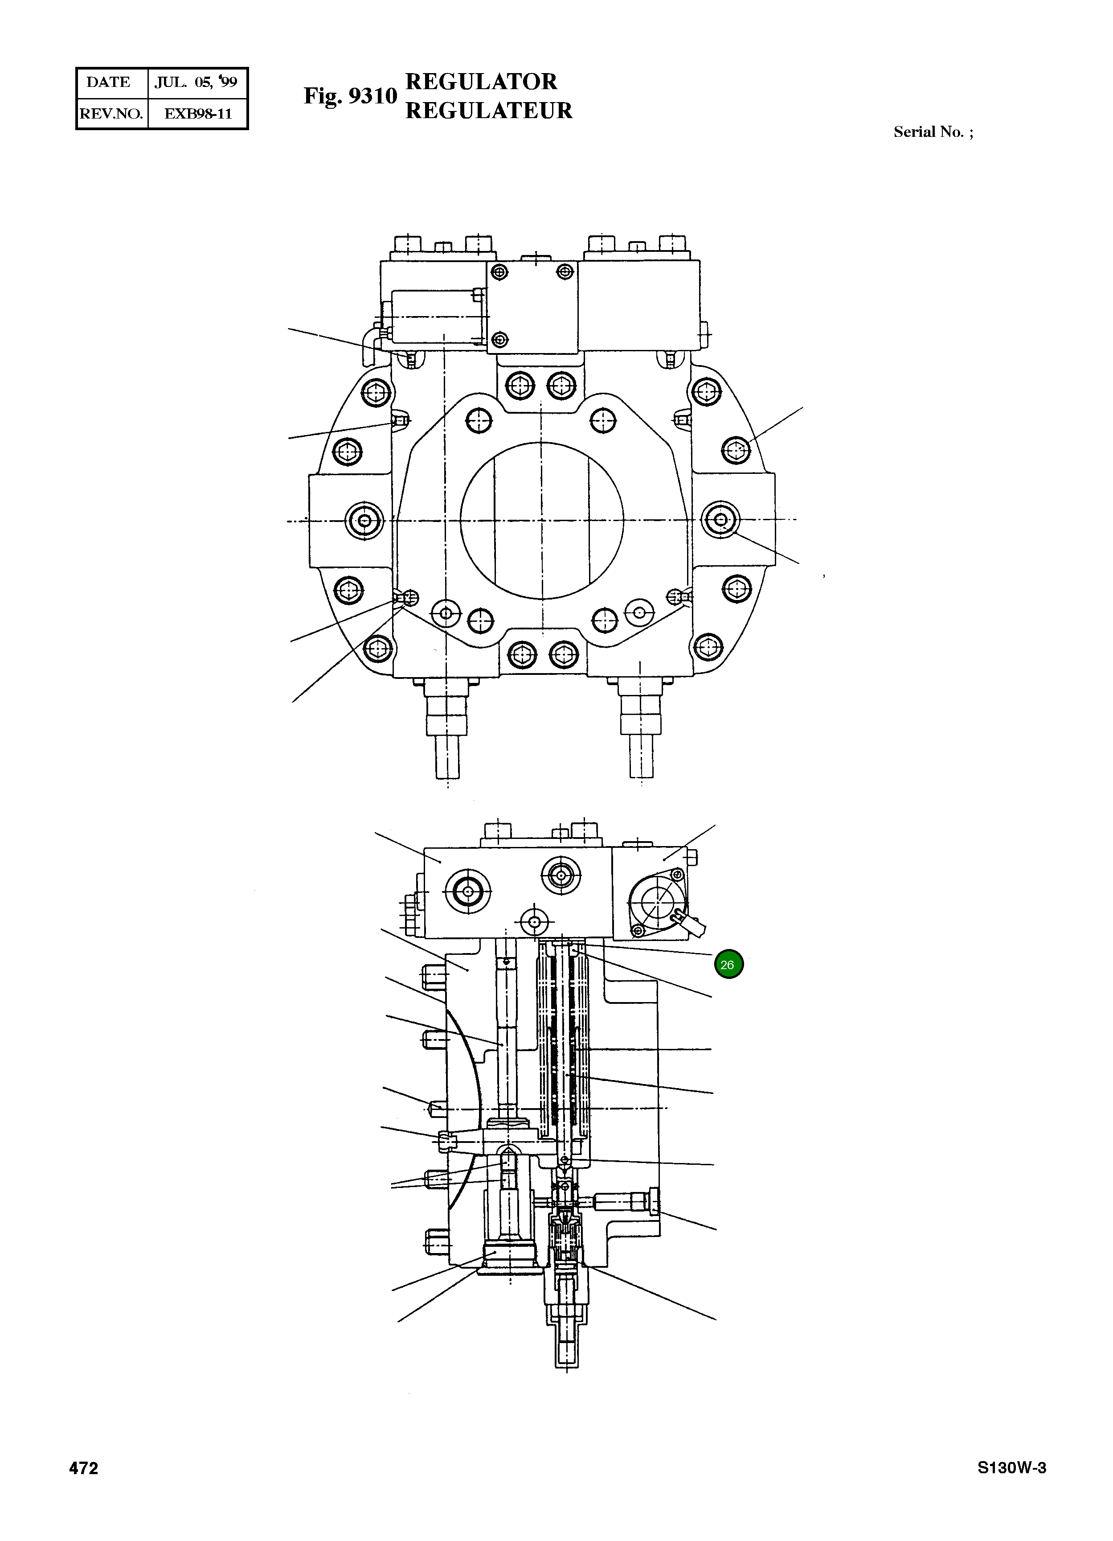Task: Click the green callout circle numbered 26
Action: (x=728, y=964)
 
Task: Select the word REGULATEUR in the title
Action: (x=488, y=111)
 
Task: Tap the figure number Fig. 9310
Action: (x=350, y=96)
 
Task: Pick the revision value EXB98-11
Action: (x=198, y=114)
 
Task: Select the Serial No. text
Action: (x=932, y=132)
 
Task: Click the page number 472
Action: (x=83, y=1468)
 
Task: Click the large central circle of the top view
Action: (x=541, y=521)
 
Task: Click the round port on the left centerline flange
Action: (x=364, y=521)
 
